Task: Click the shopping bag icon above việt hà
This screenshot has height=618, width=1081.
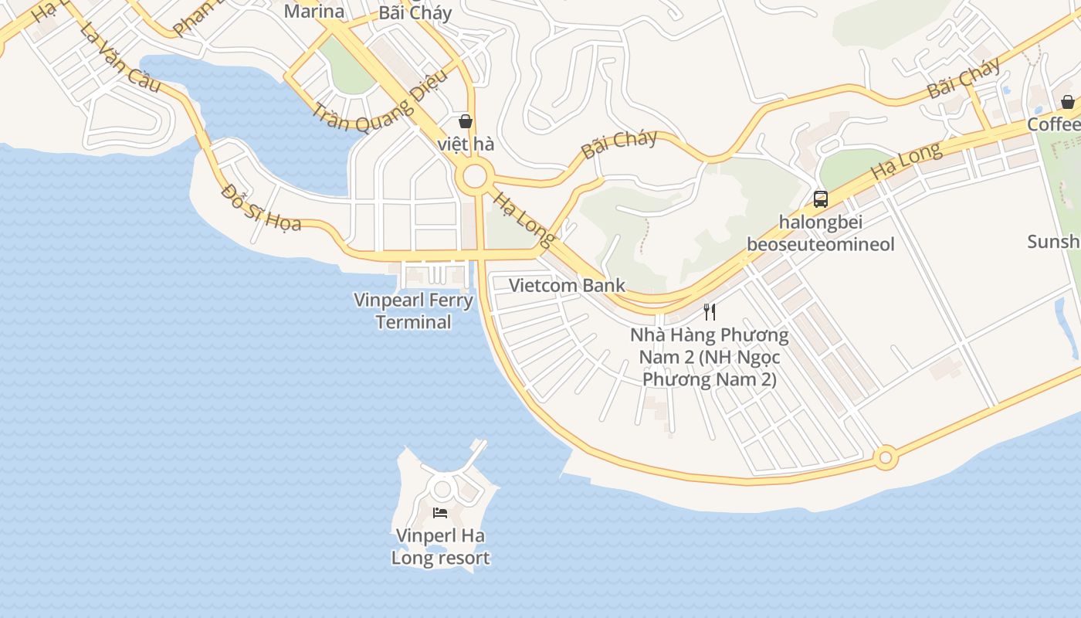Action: click(466, 121)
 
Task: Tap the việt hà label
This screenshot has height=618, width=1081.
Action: click(466, 144)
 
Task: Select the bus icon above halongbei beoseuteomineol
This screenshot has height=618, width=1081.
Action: click(820, 199)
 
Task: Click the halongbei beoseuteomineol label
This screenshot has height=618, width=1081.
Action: click(820, 233)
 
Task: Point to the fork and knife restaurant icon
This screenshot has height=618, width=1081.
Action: click(710, 312)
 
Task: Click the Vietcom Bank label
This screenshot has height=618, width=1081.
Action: click(567, 285)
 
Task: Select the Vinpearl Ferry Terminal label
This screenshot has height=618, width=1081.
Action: click(413, 311)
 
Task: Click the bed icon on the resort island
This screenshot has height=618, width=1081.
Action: click(440, 513)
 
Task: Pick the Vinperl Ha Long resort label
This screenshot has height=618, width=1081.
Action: click(440, 547)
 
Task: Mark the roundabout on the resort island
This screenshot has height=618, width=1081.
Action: click(442, 488)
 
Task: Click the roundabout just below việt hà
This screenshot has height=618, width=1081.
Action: click(474, 177)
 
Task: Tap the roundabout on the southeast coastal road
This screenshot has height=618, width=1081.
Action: click(886, 458)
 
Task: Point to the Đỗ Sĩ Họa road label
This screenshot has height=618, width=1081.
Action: click(261, 207)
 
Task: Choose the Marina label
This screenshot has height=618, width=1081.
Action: click(313, 11)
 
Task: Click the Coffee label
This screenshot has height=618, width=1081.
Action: click(1053, 125)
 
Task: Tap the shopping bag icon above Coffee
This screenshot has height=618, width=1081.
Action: click(1067, 102)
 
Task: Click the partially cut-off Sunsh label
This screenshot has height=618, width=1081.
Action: click(1053, 242)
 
